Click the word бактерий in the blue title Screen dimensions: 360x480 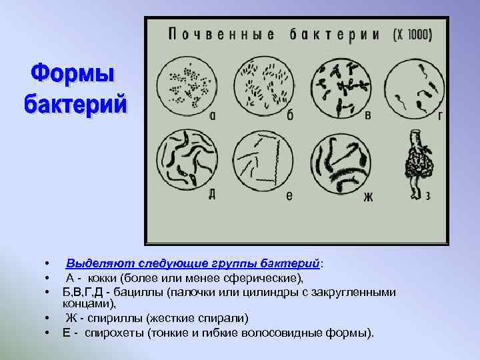pyautogui.click(x=75, y=105)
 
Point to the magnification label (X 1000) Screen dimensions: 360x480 pyautogui.click(x=413, y=34)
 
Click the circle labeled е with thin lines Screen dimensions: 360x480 pyautogui.click(x=265, y=159)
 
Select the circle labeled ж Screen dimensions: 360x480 pyautogui.click(x=341, y=161)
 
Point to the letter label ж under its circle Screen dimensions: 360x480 pyautogui.click(x=368, y=197)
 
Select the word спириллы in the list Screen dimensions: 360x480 pyautogui.click(x=111, y=317)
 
